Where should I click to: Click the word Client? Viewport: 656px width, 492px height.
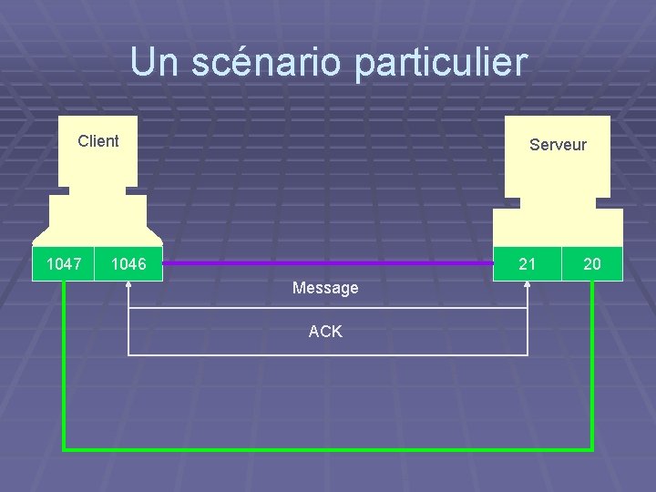[97, 141]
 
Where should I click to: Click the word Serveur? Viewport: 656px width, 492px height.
[558, 145]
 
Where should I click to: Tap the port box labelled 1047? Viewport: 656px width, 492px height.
[64, 264]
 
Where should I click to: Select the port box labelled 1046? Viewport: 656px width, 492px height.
[128, 264]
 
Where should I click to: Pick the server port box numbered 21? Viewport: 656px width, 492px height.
[527, 264]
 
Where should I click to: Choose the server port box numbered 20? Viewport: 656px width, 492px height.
[592, 264]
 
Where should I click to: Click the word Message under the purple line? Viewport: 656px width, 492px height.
[325, 288]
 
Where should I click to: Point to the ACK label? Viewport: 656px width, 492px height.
[325, 332]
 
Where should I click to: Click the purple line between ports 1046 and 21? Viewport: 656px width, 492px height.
[328, 263]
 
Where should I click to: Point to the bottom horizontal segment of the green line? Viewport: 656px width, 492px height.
[328, 449]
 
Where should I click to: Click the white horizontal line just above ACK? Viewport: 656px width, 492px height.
[328, 309]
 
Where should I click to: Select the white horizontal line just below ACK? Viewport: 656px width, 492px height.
[328, 354]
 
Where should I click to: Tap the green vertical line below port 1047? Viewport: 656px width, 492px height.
[64, 364]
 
